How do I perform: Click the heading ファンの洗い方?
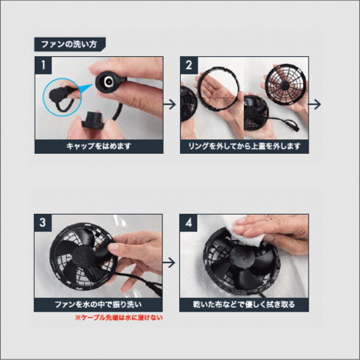(69, 44)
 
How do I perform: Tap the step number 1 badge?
(43, 65)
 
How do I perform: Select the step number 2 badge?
(188, 65)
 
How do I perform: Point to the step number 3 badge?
(42, 222)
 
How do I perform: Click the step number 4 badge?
(188, 222)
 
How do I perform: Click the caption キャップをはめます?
(99, 146)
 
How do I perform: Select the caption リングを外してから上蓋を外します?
(245, 146)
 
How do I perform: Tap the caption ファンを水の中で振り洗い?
(98, 305)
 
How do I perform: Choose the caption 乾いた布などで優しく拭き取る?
(244, 305)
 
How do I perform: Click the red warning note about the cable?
(118, 318)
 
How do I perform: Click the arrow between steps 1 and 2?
(169, 105)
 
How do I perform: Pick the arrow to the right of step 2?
(315, 105)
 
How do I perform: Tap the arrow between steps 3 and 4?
(168, 262)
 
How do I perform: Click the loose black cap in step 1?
(92, 120)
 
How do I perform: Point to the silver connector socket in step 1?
(108, 82)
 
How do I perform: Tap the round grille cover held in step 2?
(285, 84)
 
